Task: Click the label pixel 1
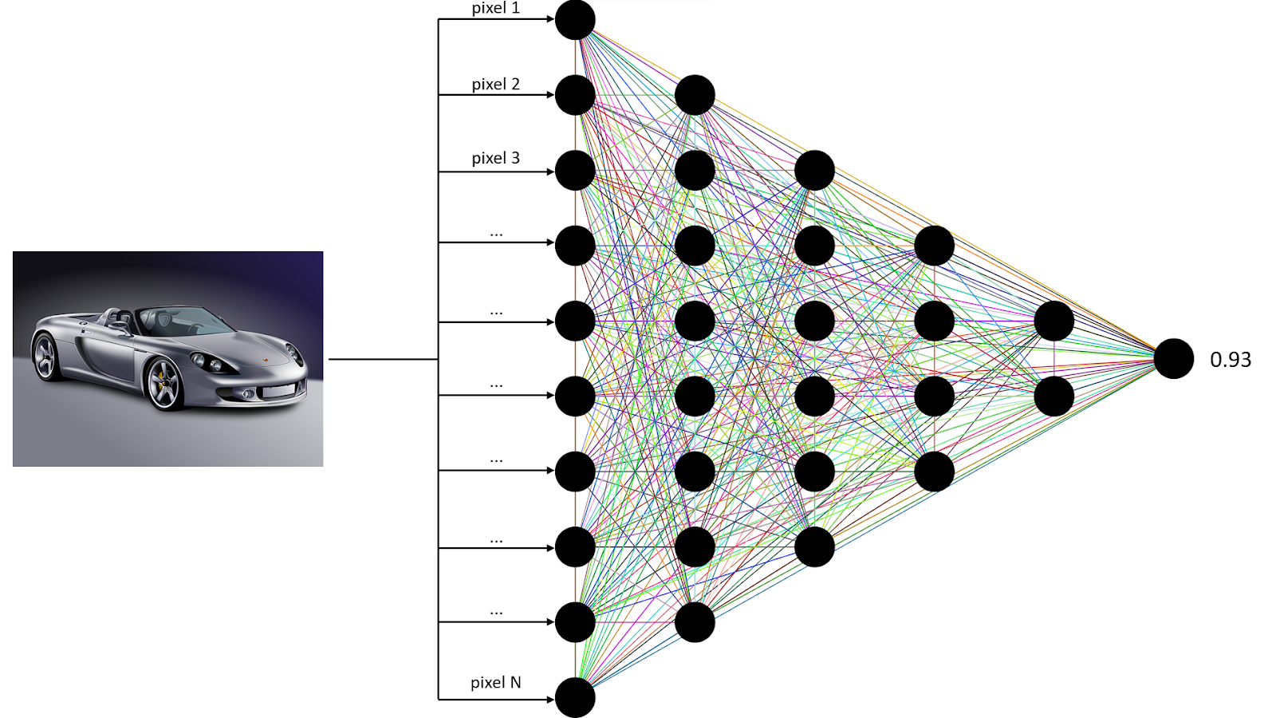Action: (x=495, y=9)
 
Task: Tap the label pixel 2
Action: (x=495, y=84)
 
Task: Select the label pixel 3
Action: (x=495, y=158)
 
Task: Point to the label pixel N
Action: (x=495, y=682)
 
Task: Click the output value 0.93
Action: (x=1230, y=360)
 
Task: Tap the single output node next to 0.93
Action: (x=1173, y=358)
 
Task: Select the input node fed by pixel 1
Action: (x=575, y=20)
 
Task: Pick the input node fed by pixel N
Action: (x=575, y=697)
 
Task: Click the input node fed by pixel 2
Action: (x=575, y=95)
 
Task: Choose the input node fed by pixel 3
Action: (x=575, y=171)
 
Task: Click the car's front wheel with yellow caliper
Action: (x=166, y=384)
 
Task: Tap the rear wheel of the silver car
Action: (x=45, y=357)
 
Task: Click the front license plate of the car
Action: (x=279, y=391)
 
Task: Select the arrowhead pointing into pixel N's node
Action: (x=549, y=700)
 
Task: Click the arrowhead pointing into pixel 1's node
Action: (x=549, y=18)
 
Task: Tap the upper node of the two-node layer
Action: (x=1053, y=321)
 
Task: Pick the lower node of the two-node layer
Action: (x=1053, y=396)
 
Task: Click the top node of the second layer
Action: (x=695, y=95)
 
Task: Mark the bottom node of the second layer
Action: (x=695, y=622)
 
